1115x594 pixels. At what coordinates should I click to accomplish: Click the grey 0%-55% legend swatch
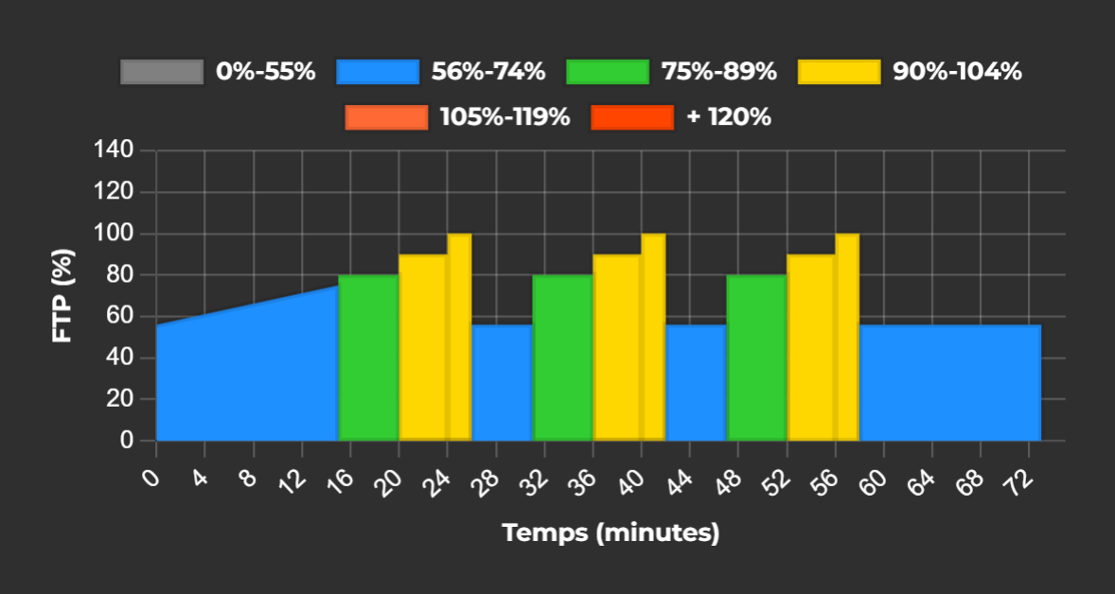pyautogui.click(x=162, y=72)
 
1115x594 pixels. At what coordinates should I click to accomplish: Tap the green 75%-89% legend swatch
pyautogui.click(x=608, y=72)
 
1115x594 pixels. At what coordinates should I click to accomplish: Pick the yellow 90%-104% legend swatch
pyautogui.click(x=840, y=72)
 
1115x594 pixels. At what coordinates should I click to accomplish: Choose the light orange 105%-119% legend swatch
pyautogui.click(x=387, y=117)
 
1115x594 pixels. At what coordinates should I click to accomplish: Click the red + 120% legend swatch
pyautogui.click(x=632, y=117)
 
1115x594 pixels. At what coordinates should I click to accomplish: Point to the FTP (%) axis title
pyautogui.click(x=62, y=296)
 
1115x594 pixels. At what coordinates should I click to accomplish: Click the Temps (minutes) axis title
pyautogui.click(x=611, y=533)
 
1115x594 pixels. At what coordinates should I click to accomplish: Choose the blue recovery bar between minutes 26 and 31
pyautogui.click(x=502, y=383)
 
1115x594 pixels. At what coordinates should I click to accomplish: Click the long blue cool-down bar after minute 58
pyautogui.click(x=949, y=383)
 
